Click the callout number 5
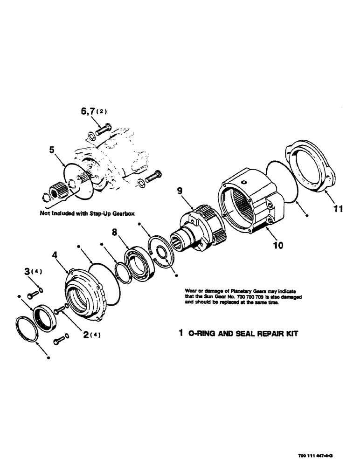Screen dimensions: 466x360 coord(52,151)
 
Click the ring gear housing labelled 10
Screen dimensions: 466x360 coord(247,196)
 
